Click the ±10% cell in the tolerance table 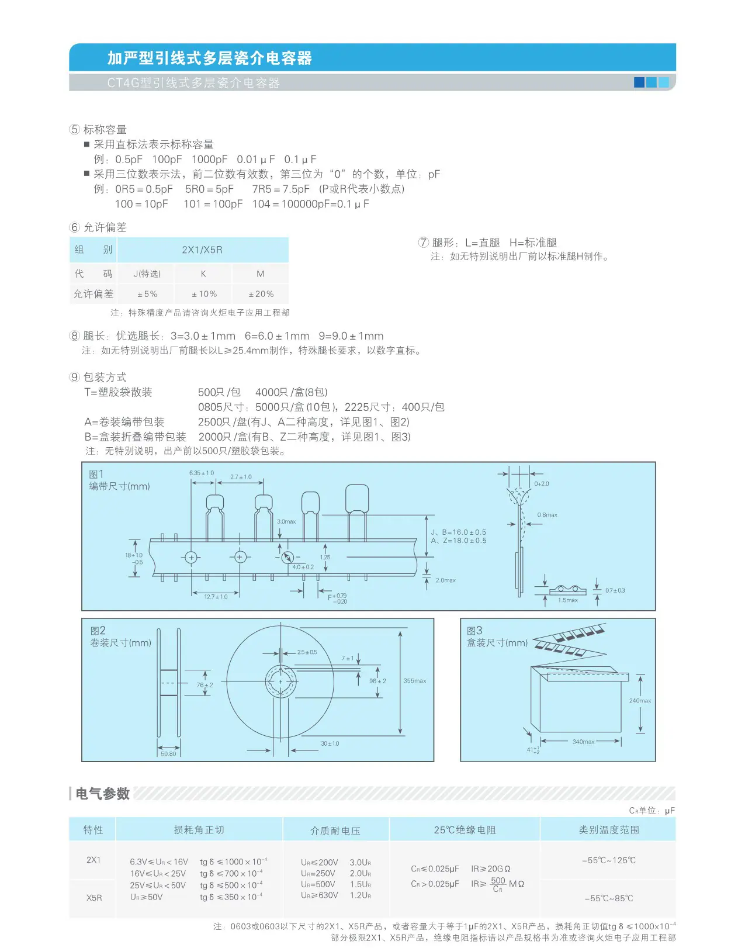click(x=203, y=294)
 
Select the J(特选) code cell click(x=147, y=274)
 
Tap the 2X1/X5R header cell click(x=202, y=250)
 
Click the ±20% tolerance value click(x=261, y=294)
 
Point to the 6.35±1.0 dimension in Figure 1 click(x=202, y=473)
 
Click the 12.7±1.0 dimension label click(x=216, y=597)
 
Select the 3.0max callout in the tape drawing click(x=286, y=521)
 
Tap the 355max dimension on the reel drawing click(x=414, y=680)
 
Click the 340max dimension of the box click(x=583, y=742)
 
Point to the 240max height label click(x=639, y=701)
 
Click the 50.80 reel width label click(x=168, y=754)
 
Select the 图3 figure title click(x=474, y=631)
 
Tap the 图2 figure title click(x=98, y=631)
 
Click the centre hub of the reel click(x=281, y=681)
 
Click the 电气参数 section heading click(x=102, y=794)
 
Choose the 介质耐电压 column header click(x=335, y=831)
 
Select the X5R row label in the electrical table click(x=93, y=898)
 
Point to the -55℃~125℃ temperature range click(x=608, y=860)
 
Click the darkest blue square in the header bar click(x=639, y=82)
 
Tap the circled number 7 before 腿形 click(x=423, y=242)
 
